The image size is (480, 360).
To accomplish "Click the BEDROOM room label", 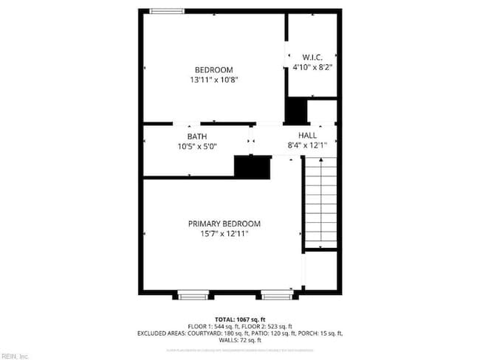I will (213, 69).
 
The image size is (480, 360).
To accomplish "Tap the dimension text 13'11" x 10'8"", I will (213, 79).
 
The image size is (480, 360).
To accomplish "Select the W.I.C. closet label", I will (312, 57).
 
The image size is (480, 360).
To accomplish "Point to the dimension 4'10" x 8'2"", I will (312, 67).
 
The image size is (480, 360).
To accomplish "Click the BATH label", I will (196, 136).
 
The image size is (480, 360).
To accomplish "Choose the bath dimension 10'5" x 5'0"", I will (196, 146).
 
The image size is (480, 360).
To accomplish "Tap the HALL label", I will (307, 136).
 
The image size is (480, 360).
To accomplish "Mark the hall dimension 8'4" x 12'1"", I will (307, 145).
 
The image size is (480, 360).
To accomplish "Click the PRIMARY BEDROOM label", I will (224, 224).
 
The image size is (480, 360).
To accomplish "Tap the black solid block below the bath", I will (253, 167).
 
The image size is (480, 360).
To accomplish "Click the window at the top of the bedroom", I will (162, 10).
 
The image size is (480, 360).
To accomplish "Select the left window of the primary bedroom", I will (193, 296).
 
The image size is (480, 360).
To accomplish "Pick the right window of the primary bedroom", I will (277, 296).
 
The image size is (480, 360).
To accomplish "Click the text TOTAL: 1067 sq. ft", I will (240, 319).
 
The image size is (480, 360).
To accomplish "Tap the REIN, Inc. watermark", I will (15, 356).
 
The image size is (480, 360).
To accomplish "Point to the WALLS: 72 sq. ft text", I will (240, 340).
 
